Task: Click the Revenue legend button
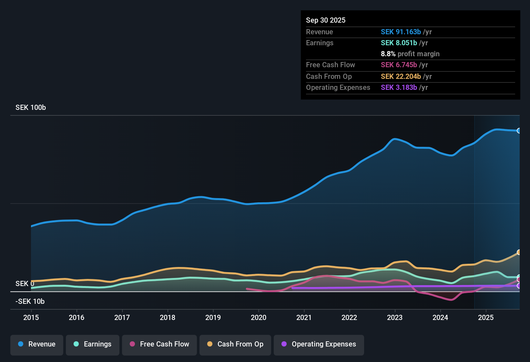pyautogui.click(x=37, y=344)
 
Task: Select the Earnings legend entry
pyautogui.click(x=93, y=344)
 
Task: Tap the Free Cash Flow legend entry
pyautogui.click(x=159, y=344)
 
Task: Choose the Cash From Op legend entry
pyautogui.click(x=235, y=344)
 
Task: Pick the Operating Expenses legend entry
pyautogui.click(x=319, y=344)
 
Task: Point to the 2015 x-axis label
pyautogui.click(x=31, y=317)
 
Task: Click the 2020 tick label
pyautogui.click(x=259, y=317)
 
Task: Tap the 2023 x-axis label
pyautogui.click(x=395, y=317)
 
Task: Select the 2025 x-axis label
pyautogui.click(x=486, y=317)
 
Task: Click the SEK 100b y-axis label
pyautogui.click(x=31, y=108)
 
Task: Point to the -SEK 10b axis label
pyautogui.click(x=30, y=302)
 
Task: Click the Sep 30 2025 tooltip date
pyautogui.click(x=326, y=20)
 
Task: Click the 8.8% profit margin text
pyautogui.click(x=410, y=54)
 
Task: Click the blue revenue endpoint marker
pyautogui.click(x=519, y=131)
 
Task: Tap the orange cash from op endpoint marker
pyautogui.click(x=519, y=252)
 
